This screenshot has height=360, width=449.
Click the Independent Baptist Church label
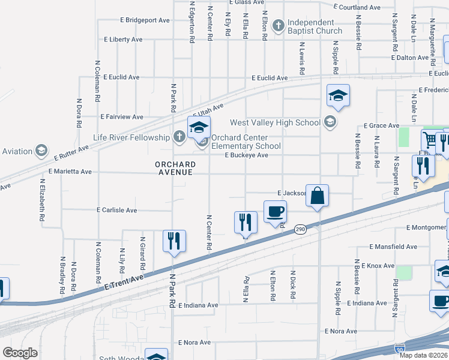tap(315, 26)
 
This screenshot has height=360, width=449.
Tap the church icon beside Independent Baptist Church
tap(278, 26)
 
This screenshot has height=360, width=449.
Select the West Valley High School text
tap(275, 122)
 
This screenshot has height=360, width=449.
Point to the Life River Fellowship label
tap(131, 137)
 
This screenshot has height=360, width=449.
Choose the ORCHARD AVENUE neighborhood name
tap(175, 168)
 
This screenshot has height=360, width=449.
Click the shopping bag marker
tap(317, 196)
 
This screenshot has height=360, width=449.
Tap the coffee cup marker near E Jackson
tap(275, 212)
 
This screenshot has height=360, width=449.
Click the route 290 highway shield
tap(301, 230)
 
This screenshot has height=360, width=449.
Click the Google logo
tap(20, 353)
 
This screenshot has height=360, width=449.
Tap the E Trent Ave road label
tap(125, 281)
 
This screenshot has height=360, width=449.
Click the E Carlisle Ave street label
tap(117, 210)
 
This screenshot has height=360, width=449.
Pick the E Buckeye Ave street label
tap(246, 155)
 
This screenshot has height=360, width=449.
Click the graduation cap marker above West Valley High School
tap(338, 96)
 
